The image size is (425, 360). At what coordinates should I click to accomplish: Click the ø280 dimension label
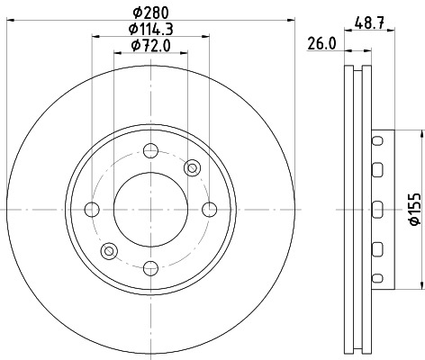pyautogui.click(x=149, y=12)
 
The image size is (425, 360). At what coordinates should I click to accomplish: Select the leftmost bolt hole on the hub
pyautogui.click(x=92, y=210)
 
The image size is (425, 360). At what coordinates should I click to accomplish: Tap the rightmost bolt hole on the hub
pyautogui.click(x=209, y=210)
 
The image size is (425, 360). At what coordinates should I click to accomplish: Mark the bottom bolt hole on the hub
pyautogui.click(x=150, y=266)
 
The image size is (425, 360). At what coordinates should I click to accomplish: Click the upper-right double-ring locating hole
pyautogui.click(x=191, y=168)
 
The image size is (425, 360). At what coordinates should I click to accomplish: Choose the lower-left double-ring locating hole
pyautogui.click(x=110, y=250)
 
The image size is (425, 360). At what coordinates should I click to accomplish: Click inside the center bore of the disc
pyautogui.click(x=150, y=210)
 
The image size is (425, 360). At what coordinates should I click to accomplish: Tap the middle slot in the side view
pyautogui.click(x=377, y=210)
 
